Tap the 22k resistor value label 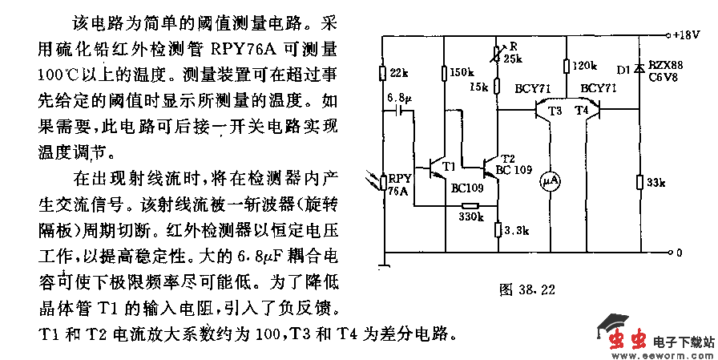tap(398, 74)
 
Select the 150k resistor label tap(462, 73)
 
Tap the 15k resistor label tap(480, 86)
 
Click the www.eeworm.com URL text tap(674, 352)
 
